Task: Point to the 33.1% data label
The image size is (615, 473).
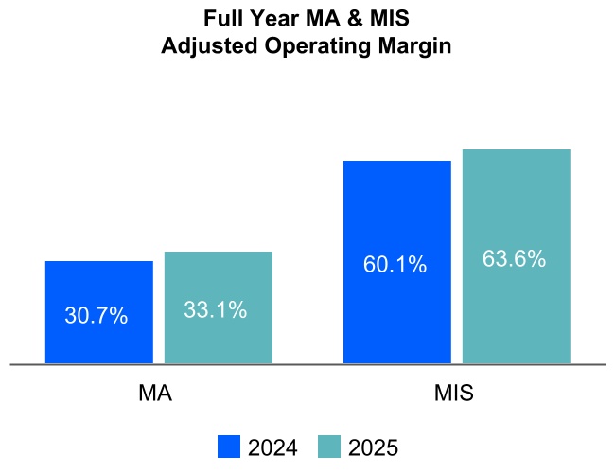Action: click(x=215, y=309)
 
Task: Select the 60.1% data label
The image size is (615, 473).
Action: click(x=395, y=265)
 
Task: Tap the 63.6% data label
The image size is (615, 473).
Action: click(x=514, y=258)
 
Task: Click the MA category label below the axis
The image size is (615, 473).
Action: click(x=155, y=394)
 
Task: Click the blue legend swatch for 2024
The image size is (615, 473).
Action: click(x=229, y=447)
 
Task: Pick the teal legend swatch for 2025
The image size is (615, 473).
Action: click(x=328, y=447)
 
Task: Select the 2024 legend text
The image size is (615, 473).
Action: click(x=272, y=447)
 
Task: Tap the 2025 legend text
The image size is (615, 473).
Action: click(x=373, y=447)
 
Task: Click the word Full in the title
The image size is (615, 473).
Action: click(x=221, y=19)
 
